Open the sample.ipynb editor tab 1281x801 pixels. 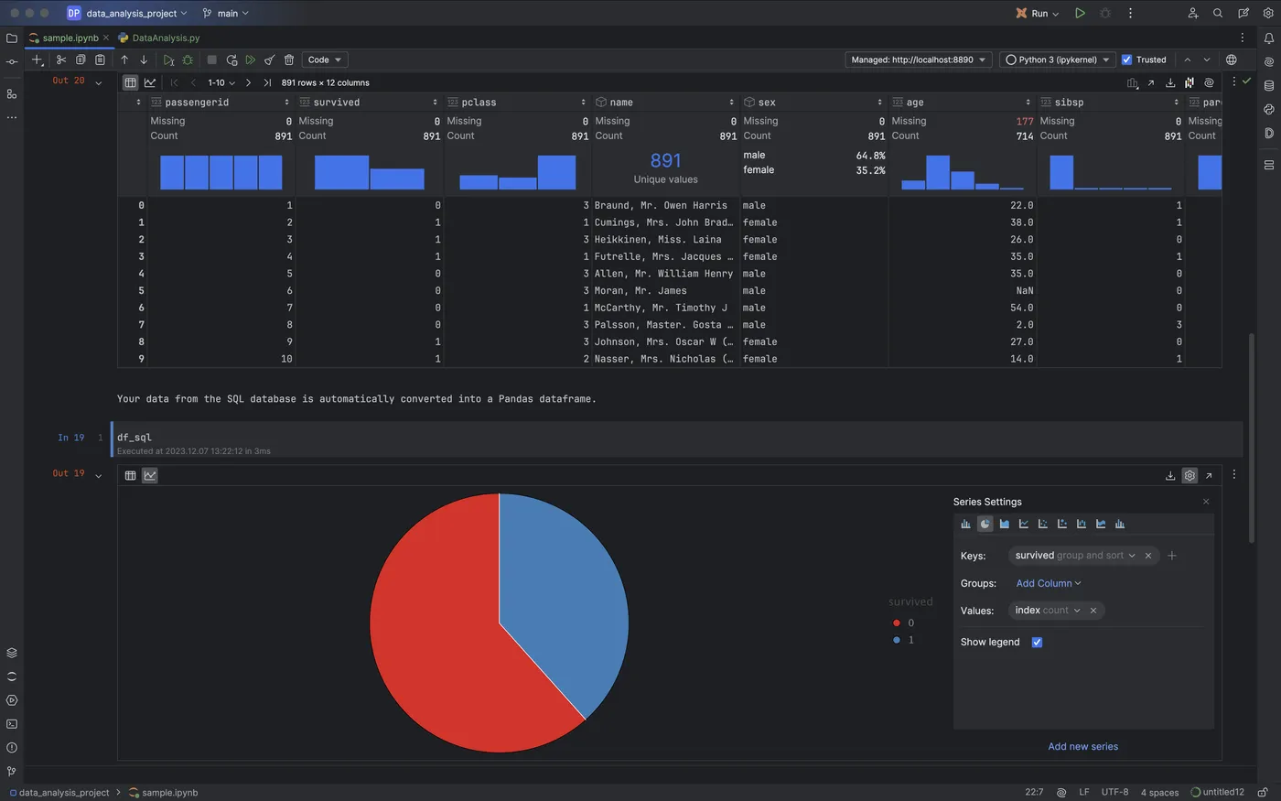point(70,38)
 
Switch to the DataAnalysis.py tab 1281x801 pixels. point(165,38)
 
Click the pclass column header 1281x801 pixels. point(479,103)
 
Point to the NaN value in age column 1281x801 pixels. point(1024,291)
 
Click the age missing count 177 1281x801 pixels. point(1024,121)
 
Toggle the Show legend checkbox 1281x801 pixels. point(1037,642)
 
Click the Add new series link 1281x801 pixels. point(1082,746)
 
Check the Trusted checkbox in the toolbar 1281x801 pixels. point(1127,60)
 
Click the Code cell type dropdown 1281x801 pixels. point(325,60)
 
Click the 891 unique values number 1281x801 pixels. point(665,161)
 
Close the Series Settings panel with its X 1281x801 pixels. point(1206,502)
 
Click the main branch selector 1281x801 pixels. point(226,13)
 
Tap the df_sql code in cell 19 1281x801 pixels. point(135,438)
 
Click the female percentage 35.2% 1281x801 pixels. point(869,170)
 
